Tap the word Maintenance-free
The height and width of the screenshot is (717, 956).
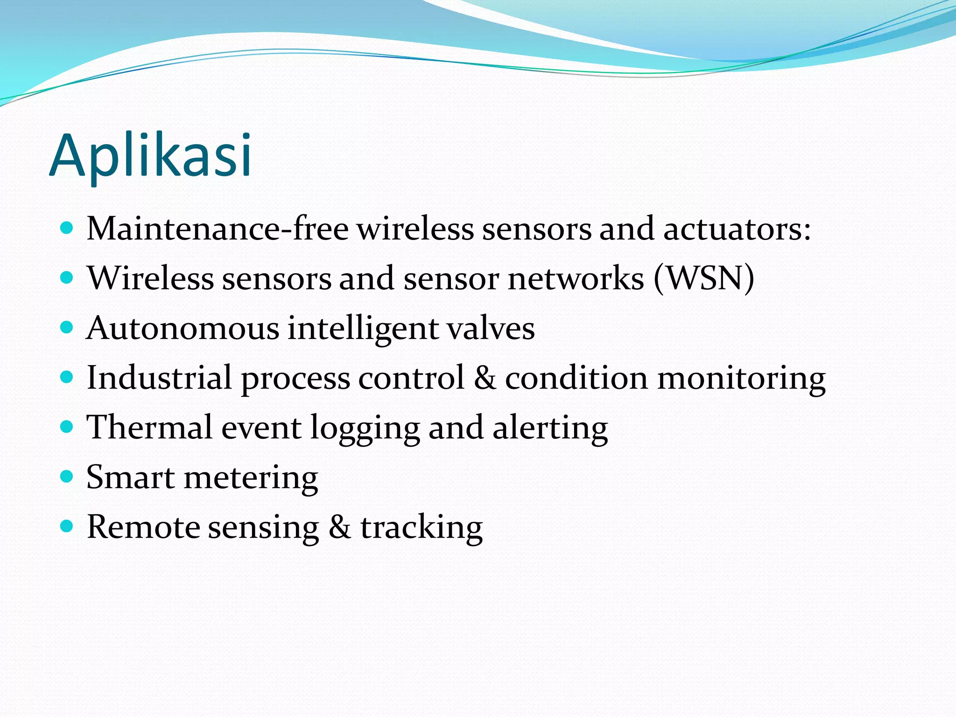click(218, 229)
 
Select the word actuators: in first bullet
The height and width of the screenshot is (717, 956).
click(737, 229)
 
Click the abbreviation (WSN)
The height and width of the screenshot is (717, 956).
click(704, 279)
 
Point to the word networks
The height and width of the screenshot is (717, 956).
click(576, 279)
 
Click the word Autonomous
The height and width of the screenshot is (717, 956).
click(183, 328)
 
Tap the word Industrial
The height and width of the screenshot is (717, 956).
click(159, 378)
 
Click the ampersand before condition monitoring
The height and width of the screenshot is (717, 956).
click(485, 378)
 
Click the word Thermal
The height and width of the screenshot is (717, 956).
click(149, 427)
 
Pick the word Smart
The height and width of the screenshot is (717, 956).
click(130, 477)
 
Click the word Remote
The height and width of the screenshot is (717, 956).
click(143, 527)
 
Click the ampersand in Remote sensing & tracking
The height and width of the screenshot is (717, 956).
click(339, 527)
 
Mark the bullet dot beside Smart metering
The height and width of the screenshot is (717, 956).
click(67, 477)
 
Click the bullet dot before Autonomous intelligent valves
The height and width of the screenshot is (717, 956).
click(67, 328)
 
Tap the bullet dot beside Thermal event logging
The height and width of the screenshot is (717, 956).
click(67, 427)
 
